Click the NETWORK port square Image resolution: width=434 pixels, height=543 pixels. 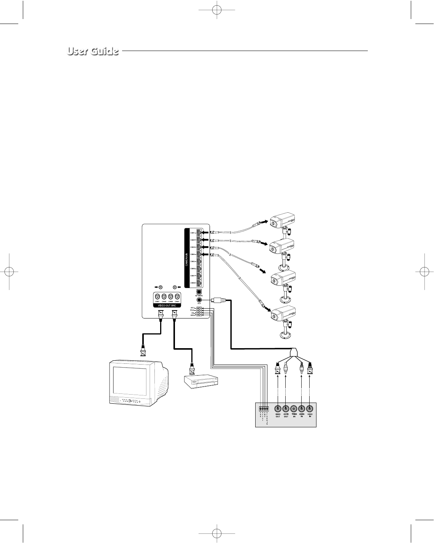(x=199, y=291)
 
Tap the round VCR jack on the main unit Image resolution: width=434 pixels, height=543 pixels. (x=199, y=299)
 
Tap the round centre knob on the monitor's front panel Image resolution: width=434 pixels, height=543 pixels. (x=130, y=401)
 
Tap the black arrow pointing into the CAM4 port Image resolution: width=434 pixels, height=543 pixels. (x=204, y=254)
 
